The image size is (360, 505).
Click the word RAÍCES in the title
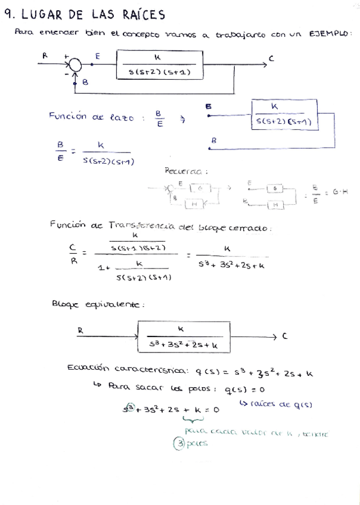(144, 14)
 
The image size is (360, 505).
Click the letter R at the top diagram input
(45, 55)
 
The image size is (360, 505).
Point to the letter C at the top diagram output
(271, 58)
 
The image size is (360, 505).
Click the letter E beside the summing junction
(97, 56)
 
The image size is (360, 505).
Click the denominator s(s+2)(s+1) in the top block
(158, 73)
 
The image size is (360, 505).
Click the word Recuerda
(185, 172)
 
